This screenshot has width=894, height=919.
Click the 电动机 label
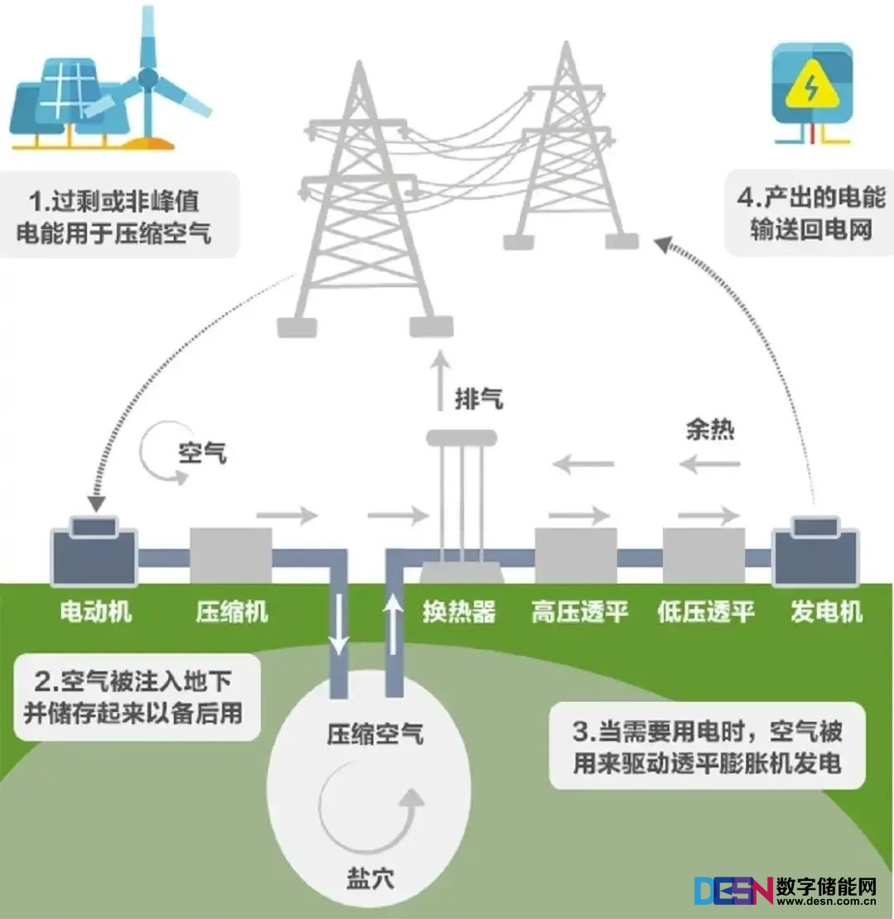pyautogui.click(x=96, y=612)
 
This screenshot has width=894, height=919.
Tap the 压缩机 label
pyautogui.click(x=232, y=612)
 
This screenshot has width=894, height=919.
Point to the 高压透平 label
pyautogui.click(x=579, y=612)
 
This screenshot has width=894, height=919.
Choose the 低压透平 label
pyautogui.click(x=706, y=612)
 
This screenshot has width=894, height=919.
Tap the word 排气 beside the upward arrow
pyautogui.click(x=478, y=400)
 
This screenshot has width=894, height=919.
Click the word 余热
pyautogui.click(x=710, y=431)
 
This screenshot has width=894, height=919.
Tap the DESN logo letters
pyautogui.click(x=733, y=891)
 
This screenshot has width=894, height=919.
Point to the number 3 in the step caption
pyautogui.click(x=580, y=734)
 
